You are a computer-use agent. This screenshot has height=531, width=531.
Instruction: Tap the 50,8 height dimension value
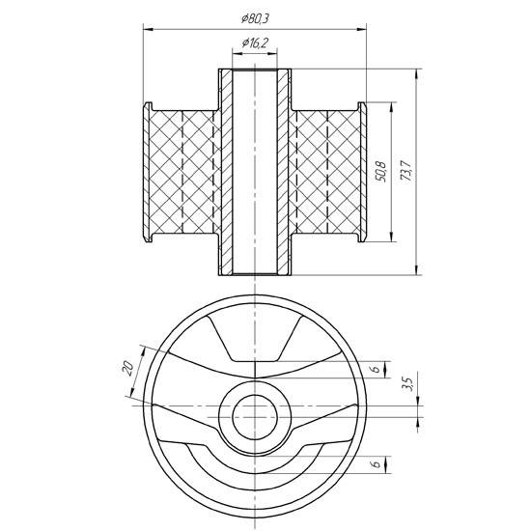[381, 172]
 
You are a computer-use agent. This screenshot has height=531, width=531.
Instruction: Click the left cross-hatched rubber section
[182, 172]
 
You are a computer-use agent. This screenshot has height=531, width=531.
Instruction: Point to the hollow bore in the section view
[255, 172]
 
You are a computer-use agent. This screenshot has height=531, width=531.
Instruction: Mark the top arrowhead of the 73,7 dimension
[417, 73]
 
